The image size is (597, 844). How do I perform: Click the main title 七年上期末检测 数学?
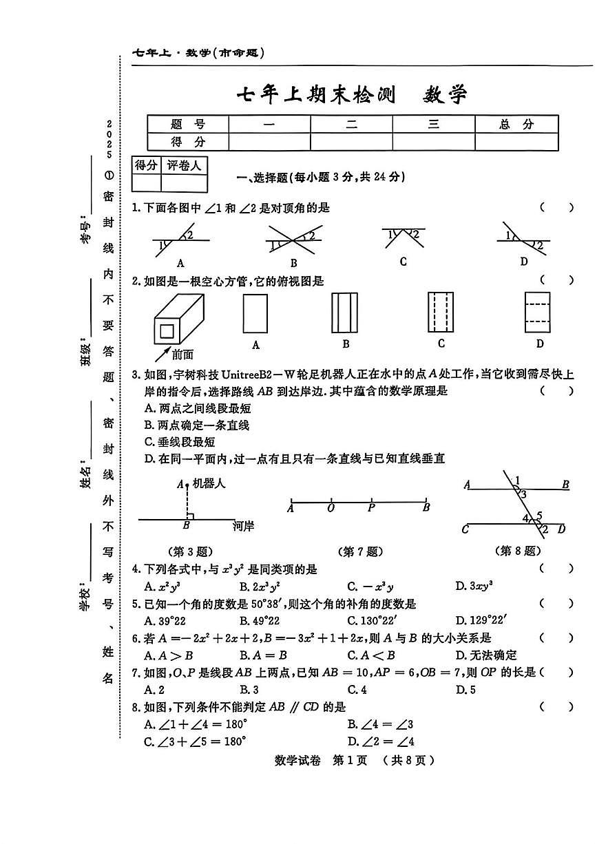(x=352, y=94)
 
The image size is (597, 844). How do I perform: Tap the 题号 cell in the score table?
(x=188, y=124)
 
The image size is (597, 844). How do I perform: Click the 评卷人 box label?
(x=184, y=165)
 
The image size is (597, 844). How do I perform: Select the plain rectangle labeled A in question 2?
(x=255, y=313)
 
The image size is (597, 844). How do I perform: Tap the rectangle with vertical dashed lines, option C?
(x=441, y=313)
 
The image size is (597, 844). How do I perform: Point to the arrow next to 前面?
(x=162, y=352)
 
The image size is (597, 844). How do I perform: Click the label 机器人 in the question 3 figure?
(x=209, y=484)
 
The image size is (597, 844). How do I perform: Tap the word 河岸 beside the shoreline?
(x=243, y=526)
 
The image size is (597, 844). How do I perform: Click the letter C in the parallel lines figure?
(x=465, y=529)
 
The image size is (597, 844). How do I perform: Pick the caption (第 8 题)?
(x=518, y=551)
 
